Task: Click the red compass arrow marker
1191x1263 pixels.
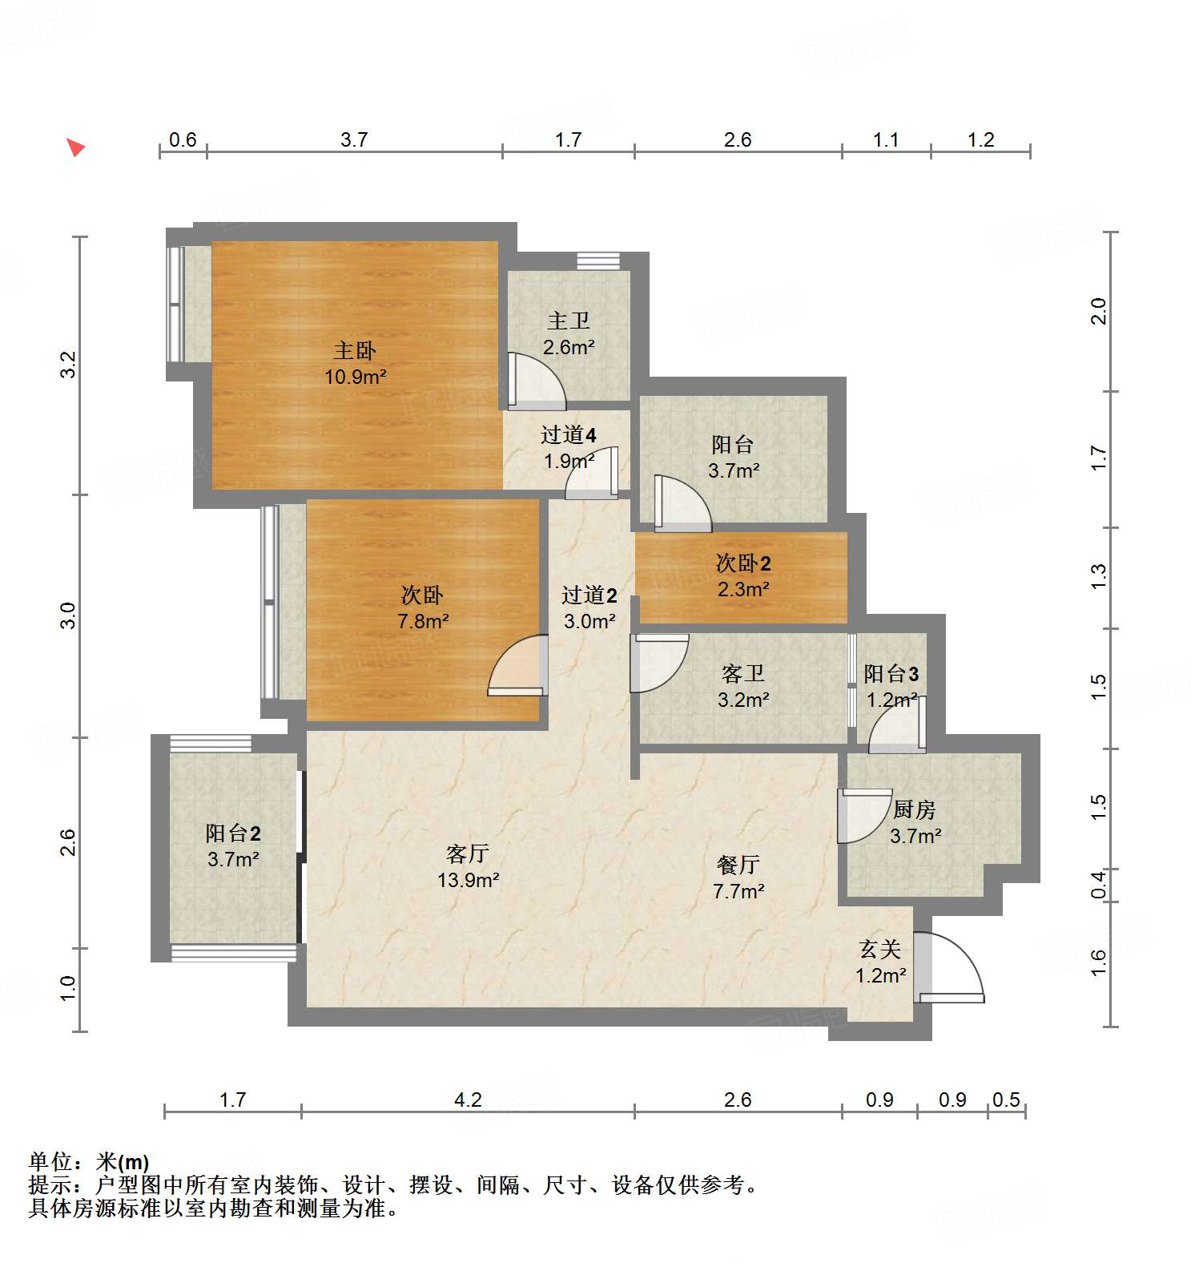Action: [x=75, y=147]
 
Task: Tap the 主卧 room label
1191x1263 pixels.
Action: [x=355, y=350]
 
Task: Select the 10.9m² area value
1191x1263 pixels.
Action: [x=355, y=377]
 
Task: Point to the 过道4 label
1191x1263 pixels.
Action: [x=568, y=435]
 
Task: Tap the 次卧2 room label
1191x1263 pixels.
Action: [x=742, y=563]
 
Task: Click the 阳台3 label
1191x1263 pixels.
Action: [x=891, y=674]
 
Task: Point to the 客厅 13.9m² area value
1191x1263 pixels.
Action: [x=468, y=880]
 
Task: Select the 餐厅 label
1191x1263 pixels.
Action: [x=738, y=865]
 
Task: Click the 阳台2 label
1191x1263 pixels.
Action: [x=232, y=833]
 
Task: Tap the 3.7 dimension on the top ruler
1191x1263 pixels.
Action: [x=353, y=139]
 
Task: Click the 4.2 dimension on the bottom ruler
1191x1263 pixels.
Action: [x=468, y=1100]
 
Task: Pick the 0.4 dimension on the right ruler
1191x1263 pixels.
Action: [x=1099, y=885]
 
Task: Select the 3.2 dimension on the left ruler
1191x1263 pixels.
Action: [x=69, y=365]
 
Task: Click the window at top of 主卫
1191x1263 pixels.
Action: [x=598, y=261]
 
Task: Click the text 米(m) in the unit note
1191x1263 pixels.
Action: [x=123, y=1161]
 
